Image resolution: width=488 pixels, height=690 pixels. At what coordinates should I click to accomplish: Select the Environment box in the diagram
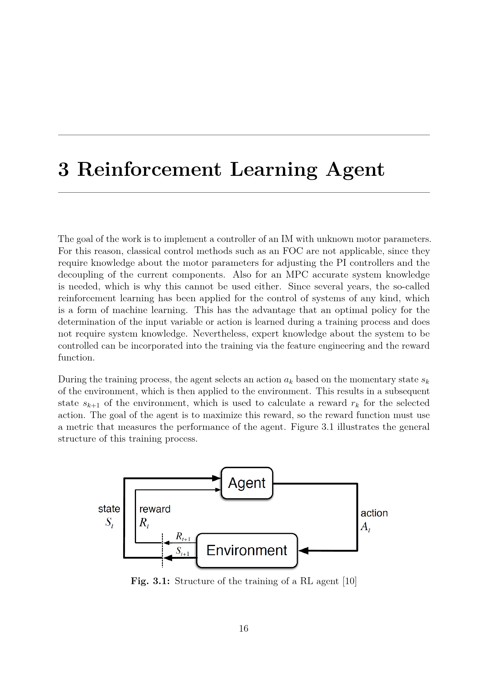pos(247,550)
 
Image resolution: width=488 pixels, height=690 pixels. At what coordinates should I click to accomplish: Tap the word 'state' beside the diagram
pos(109,509)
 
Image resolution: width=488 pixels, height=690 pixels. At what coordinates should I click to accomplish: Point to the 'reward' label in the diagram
pos(155,509)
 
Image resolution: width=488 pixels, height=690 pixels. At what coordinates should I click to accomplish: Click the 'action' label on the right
pos(374,513)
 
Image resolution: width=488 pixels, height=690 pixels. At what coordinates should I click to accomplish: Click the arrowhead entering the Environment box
pos(304,550)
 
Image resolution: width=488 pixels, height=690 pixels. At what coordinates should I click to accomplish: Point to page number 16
pos(244,628)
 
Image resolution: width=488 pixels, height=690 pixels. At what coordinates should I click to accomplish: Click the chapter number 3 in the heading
pos(63,170)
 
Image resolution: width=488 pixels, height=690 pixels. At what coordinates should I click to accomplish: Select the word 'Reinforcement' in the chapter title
pos(149,170)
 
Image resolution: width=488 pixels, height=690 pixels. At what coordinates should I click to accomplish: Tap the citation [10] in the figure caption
pos(350,581)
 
